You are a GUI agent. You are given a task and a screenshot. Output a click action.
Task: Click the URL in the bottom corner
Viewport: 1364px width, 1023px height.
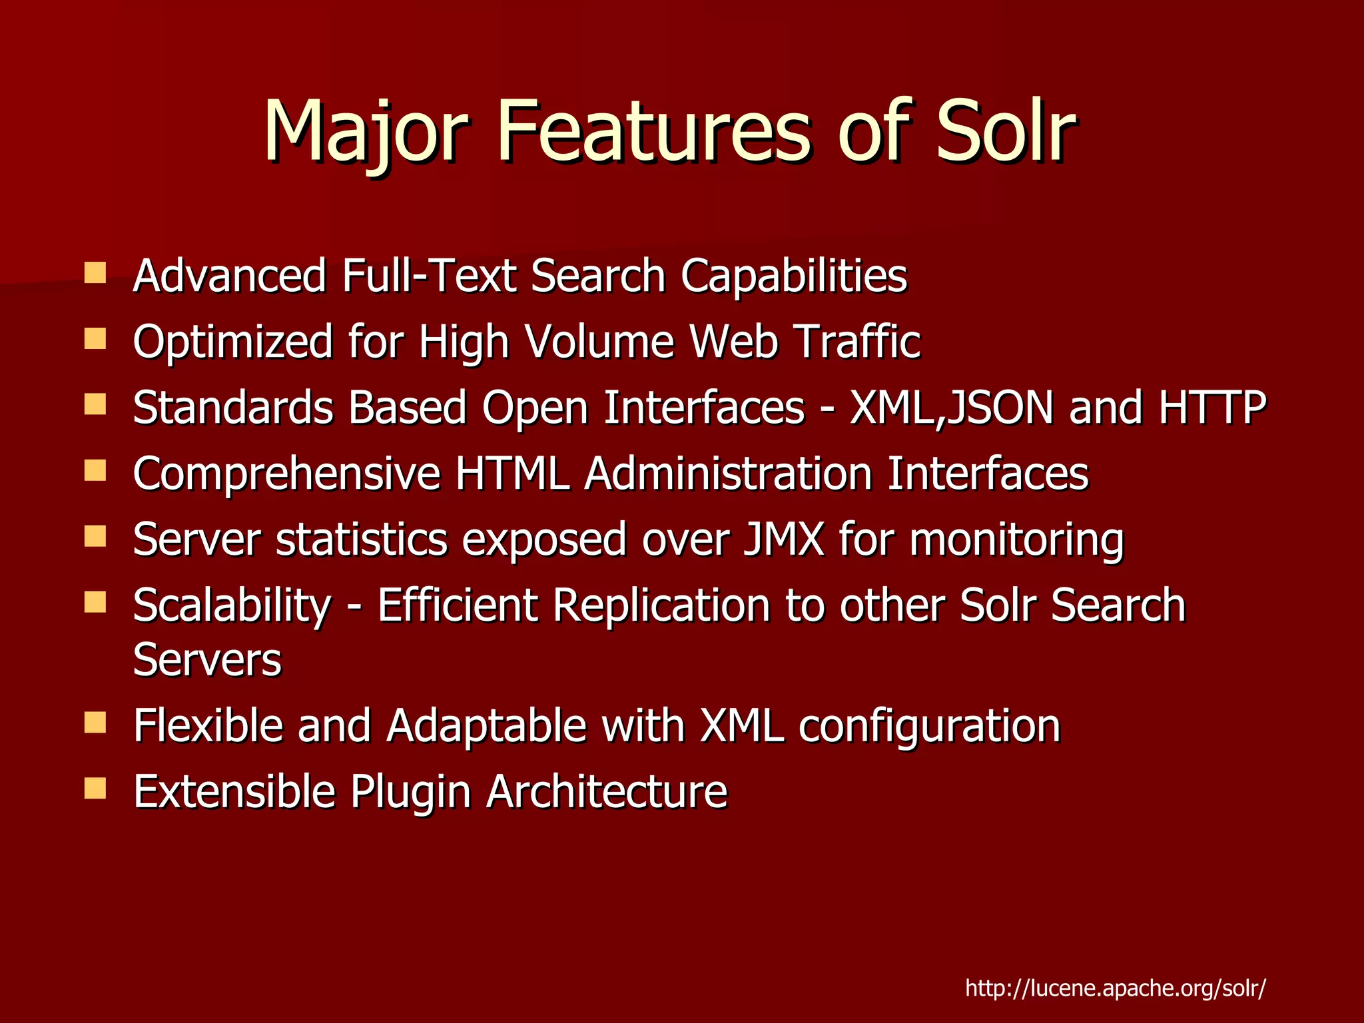coord(1116,988)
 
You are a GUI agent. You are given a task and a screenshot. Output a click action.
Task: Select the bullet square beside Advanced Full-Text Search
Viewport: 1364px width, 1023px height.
coord(95,273)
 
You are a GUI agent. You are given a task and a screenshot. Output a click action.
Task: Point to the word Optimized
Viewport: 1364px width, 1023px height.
coord(232,342)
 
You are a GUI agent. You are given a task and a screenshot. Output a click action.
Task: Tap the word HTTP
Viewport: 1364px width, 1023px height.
coord(1212,408)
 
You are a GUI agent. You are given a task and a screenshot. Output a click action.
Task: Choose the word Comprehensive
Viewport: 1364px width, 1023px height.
coord(286,474)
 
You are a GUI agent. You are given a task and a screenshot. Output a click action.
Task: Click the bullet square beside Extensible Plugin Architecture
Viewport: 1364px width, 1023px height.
coord(95,789)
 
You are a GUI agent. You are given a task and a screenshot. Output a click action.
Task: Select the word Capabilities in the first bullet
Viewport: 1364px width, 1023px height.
coord(794,276)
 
